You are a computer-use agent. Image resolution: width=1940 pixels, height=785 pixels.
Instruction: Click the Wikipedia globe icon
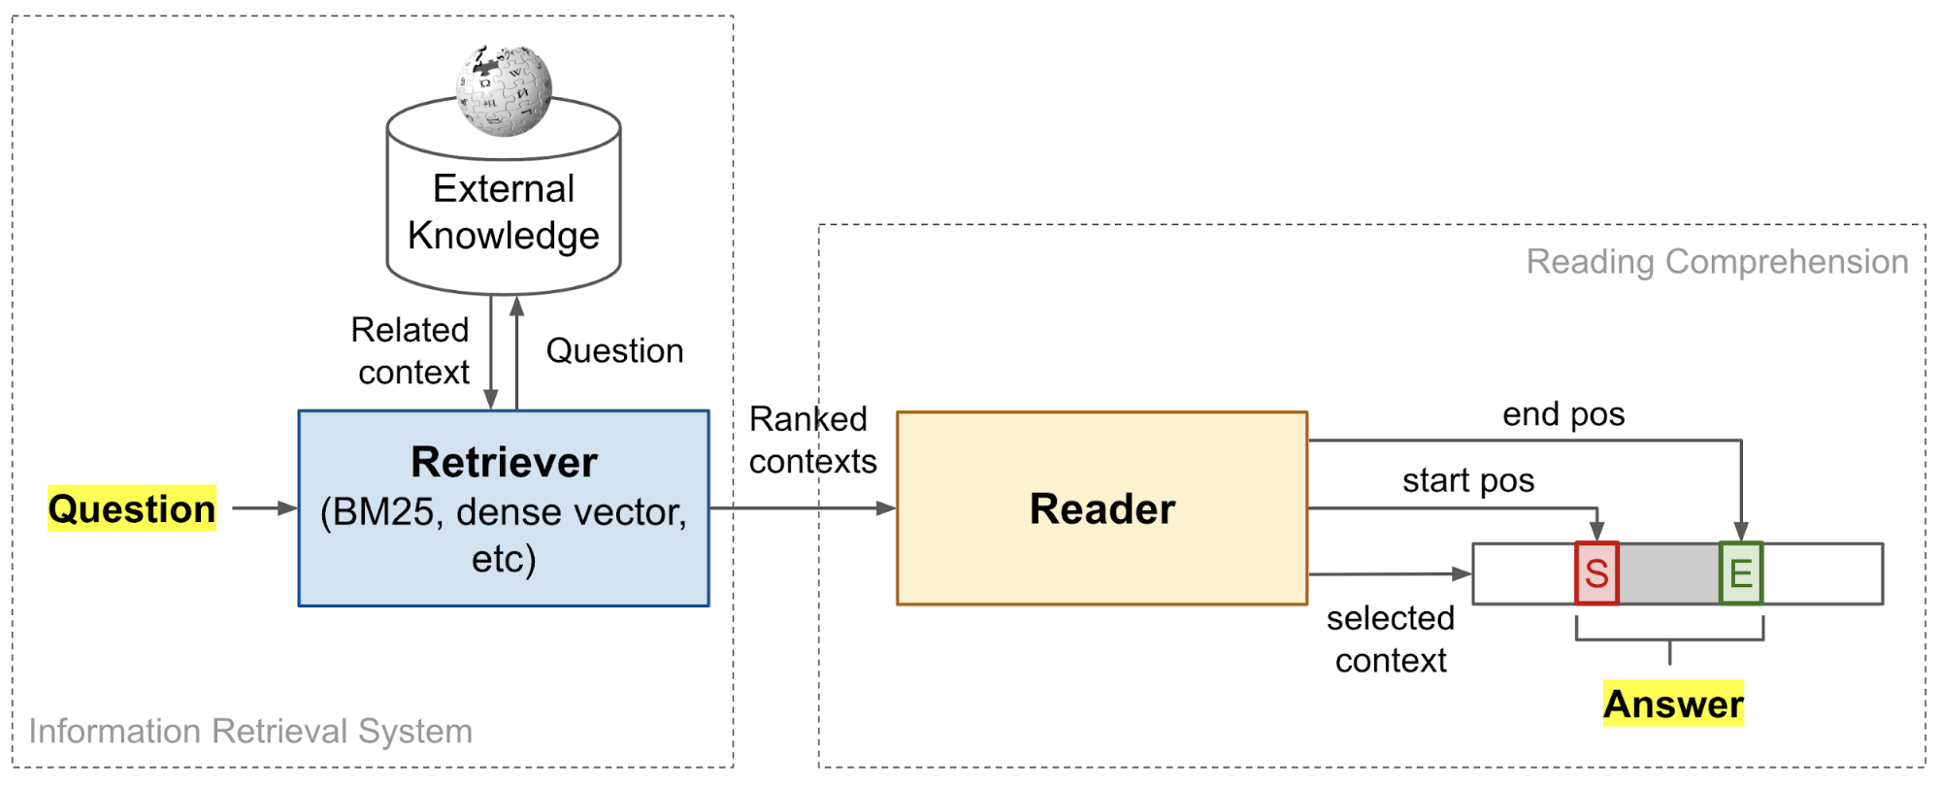pyautogui.click(x=504, y=90)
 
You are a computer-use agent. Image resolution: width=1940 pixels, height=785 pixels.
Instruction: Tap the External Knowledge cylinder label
pyautogui.click(x=503, y=213)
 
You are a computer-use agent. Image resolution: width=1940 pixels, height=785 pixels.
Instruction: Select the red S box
pyautogui.click(x=1596, y=573)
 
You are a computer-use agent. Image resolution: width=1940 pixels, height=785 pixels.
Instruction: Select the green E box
pyautogui.click(x=1741, y=573)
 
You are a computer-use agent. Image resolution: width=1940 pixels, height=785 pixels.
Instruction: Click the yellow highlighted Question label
pyautogui.click(x=132, y=508)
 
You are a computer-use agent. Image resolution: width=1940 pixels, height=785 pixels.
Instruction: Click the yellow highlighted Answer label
pyautogui.click(x=1673, y=703)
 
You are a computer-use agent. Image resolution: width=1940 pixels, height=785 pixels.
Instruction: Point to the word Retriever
pyautogui.click(x=504, y=462)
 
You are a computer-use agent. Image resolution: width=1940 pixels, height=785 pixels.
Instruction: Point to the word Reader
pyautogui.click(x=1102, y=508)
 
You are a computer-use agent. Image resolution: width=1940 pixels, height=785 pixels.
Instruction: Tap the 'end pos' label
pyautogui.click(x=1563, y=414)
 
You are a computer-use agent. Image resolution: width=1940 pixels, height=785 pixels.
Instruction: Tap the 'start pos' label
pyautogui.click(x=1467, y=480)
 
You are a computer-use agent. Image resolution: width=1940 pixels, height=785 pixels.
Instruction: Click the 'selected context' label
pyautogui.click(x=1391, y=638)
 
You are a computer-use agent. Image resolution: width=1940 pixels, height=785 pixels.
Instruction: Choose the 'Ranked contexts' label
pyautogui.click(x=811, y=440)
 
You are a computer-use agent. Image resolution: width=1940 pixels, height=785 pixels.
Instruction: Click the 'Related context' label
pyautogui.click(x=411, y=350)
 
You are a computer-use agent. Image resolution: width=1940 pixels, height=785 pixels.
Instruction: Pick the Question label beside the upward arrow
pyautogui.click(x=614, y=350)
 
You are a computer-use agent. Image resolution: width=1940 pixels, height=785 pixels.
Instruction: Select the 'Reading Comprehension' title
pyautogui.click(x=1716, y=262)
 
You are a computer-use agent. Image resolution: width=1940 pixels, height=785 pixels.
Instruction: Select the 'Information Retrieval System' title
pyautogui.click(x=250, y=731)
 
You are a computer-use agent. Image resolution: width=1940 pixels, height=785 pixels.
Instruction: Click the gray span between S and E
pyautogui.click(x=1669, y=573)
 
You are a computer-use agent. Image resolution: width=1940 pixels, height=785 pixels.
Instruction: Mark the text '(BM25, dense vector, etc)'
pyautogui.click(x=504, y=535)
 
